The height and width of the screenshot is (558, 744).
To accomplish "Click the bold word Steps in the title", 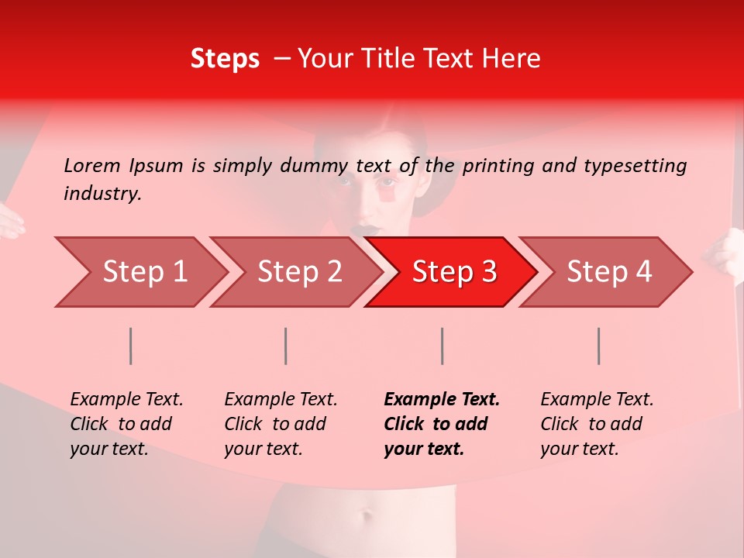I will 225,59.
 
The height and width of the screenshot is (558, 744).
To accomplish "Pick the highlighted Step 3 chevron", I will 454,272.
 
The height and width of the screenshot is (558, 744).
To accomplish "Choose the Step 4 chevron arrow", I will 609,272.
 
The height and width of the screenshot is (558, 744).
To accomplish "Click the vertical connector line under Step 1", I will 131,346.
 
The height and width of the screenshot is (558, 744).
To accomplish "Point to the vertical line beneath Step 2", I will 286,346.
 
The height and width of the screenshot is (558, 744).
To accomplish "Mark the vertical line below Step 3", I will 442,346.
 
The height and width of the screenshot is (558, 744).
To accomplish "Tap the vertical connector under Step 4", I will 599,346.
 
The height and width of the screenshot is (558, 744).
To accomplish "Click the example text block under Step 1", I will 126,424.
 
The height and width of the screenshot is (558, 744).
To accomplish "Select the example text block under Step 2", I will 281,424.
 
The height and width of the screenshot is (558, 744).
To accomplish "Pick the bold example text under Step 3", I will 442,424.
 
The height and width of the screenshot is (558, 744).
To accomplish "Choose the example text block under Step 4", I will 597,424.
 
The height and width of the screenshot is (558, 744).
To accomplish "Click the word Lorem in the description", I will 92,165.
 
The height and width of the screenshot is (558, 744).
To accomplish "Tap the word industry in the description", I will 102,194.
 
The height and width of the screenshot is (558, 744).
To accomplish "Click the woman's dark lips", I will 367,230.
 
